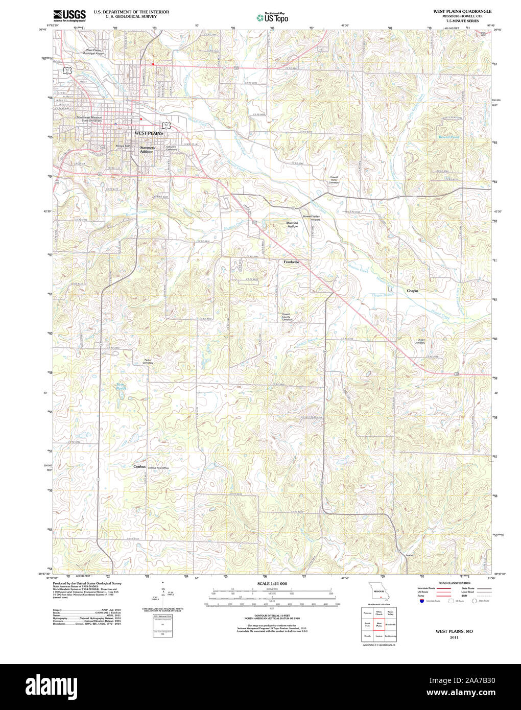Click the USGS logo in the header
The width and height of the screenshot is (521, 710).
[69, 15]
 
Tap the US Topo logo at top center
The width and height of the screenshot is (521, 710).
[272, 17]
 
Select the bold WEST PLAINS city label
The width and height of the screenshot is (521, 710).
[149, 133]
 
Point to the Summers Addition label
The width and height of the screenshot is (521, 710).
[147, 150]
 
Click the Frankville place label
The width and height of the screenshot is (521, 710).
[291, 262]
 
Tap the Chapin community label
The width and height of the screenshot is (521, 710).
[412, 291]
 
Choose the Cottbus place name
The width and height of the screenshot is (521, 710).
[139, 467]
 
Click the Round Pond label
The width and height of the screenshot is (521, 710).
[448, 137]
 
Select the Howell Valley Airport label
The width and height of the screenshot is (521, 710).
[311, 218]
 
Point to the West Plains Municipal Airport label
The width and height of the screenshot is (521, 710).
[97, 52]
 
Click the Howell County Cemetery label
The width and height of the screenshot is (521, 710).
[286, 317]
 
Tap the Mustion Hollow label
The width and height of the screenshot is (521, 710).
[292, 224]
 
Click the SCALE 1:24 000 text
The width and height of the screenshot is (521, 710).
[272, 583]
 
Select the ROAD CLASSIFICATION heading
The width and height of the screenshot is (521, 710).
[451, 583]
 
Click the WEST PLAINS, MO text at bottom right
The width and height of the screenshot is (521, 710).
[454, 631]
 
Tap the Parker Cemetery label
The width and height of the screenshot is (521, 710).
[148, 361]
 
